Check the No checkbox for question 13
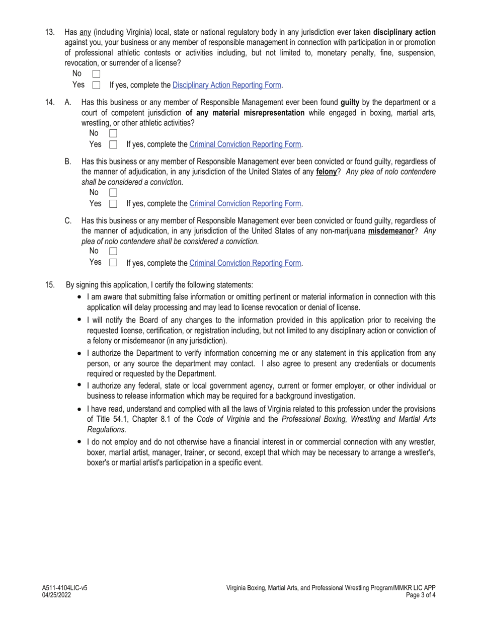pos(97,74)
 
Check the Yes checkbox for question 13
pos(97,85)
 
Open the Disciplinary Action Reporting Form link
pos(226,85)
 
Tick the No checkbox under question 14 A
pos(113,133)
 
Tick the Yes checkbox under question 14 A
pos(113,144)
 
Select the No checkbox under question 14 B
pos(113,192)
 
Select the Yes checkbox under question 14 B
pos(113,204)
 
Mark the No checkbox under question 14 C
pos(113,251)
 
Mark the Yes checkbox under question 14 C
pos(113,262)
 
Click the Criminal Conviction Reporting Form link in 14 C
pos(245,263)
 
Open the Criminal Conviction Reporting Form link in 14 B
pos(245,204)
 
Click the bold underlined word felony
pos(326,172)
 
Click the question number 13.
pos(50,32)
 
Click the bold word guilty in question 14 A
pos(350,103)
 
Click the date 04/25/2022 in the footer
pos(56,595)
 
